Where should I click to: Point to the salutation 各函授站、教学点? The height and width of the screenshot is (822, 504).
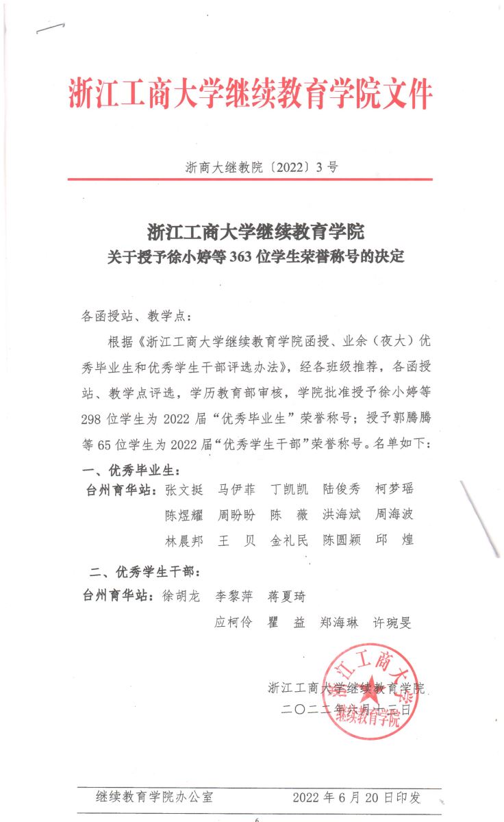137,316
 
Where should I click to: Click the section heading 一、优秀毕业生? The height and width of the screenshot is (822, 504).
131,471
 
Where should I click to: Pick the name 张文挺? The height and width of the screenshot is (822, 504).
184,490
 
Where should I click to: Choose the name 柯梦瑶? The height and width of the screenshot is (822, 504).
394,490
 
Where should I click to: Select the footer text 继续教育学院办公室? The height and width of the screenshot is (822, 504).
154,797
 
